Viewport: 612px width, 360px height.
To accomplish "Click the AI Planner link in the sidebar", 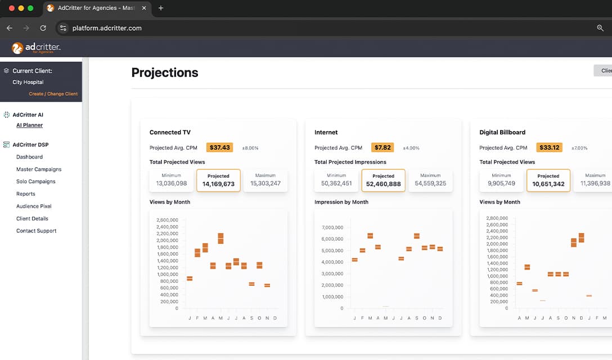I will [29, 125].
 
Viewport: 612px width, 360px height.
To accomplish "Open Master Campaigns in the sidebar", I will [39, 169].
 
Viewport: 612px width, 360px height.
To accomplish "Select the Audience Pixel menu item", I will [34, 206].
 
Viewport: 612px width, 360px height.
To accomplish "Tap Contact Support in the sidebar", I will [37, 231].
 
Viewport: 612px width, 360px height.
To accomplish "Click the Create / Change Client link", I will [53, 94].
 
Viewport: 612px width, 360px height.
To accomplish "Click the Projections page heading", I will [165, 73].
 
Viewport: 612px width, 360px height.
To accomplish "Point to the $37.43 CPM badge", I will [219, 147].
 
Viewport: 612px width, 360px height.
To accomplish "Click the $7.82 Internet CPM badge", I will [382, 147].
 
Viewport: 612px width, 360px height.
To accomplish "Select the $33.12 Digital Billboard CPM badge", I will [549, 147].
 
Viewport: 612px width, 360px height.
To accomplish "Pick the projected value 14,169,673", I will [218, 184].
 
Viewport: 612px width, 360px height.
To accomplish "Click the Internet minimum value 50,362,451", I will [336, 183].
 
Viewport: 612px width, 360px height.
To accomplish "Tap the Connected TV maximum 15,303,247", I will [265, 183].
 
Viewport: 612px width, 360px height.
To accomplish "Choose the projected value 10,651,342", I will [548, 184].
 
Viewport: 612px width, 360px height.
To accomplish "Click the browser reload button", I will [43, 28].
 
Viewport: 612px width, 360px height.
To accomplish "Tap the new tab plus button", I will [161, 8].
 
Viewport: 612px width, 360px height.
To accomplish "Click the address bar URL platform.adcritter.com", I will [107, 28].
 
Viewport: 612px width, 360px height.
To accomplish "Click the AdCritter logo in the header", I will [36, 48].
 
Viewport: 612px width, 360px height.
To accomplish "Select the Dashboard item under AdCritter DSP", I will [29, 157].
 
